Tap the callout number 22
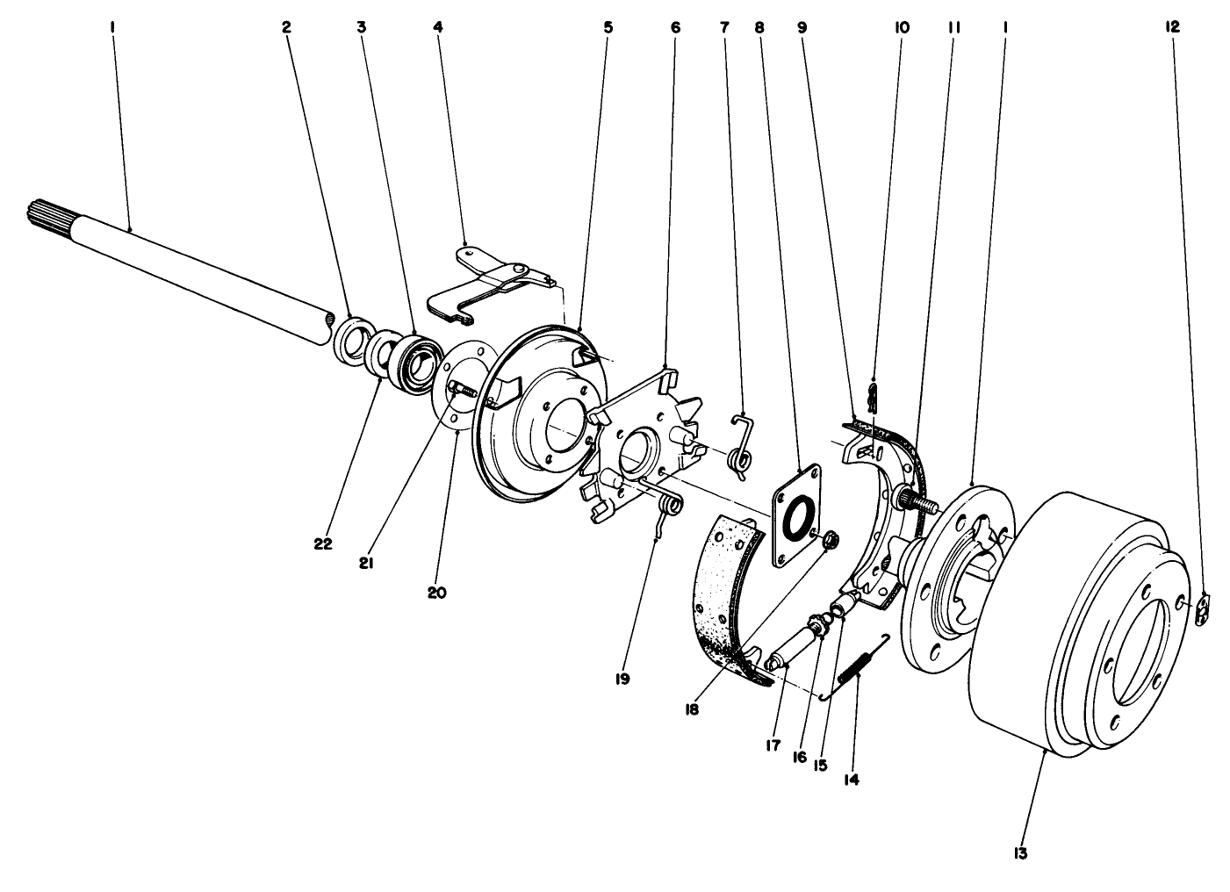(323, 544)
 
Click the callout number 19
(622, 679)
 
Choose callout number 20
(437, 593)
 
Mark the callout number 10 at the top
(902, 27)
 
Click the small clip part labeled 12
(1205, 608)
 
